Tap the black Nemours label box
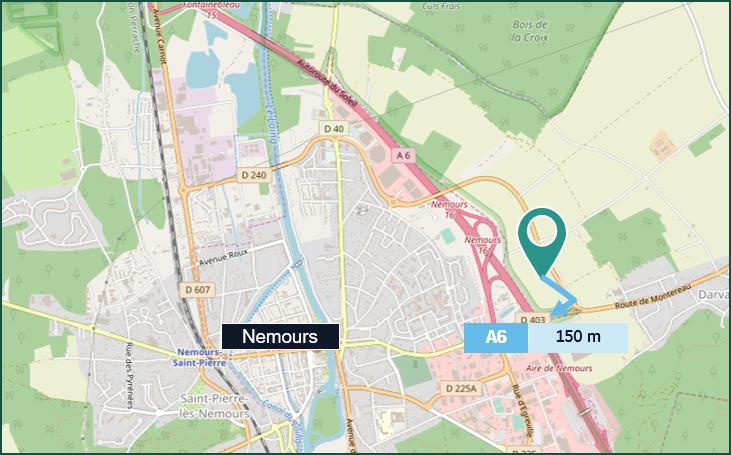[x=280, y=337]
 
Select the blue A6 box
[x=496, y=337]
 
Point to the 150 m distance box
[x=577, y=337]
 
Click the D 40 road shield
[x=334, y=129]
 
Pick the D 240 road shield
[x=255, y=175]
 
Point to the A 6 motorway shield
[x=404, y=155]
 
